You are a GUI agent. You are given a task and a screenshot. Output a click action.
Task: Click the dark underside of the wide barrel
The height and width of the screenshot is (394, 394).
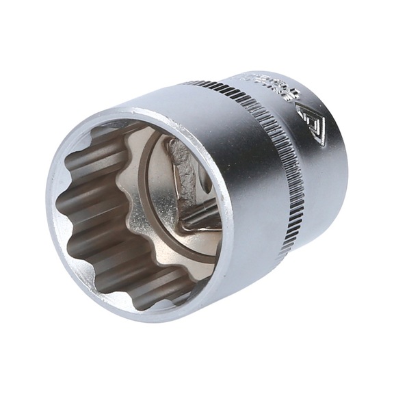click(253, 274)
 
